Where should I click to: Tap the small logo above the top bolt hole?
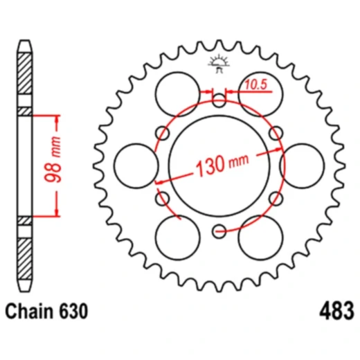[218, 64]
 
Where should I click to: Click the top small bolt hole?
[219, 101]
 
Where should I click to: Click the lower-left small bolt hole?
[164, 199]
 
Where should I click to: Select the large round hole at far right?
[305, 166]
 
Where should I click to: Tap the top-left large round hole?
[176, 92]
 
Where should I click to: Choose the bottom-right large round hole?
[261, 240]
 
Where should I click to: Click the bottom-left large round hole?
[176, 240]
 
